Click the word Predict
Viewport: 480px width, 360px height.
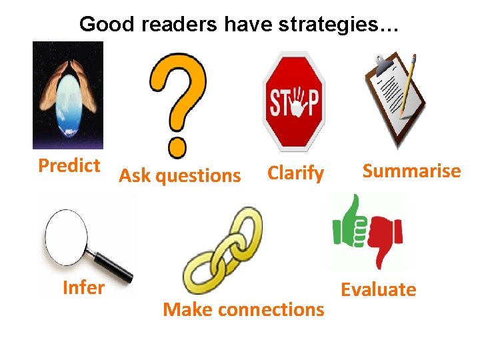coord(69,165)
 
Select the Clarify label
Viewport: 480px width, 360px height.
coord(295,173)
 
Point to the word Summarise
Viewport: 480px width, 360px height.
coord(411,171)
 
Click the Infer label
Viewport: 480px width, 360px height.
coord(83,288)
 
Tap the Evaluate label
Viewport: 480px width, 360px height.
coord(378,289)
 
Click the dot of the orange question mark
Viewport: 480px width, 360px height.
coord(177,145)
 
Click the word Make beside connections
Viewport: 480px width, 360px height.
coord(188,310)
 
